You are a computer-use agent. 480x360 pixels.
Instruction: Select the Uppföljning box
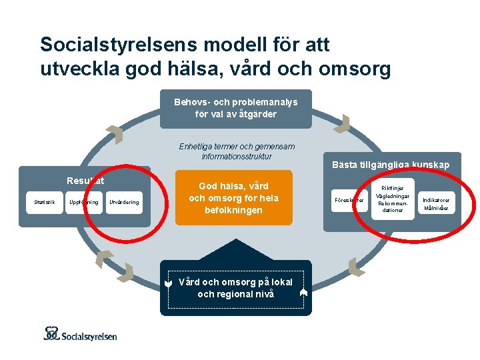click(x=84, y=202)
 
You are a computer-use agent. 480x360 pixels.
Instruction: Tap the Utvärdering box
click(x=124, y=202)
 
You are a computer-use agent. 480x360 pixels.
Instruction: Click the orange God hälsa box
click(x=234, y=198)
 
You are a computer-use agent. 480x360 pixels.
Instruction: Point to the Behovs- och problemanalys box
click(x=235, y=108)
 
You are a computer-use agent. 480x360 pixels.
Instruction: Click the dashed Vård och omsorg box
click(x=235, y=288)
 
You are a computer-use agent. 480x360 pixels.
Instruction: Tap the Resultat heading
click(x=85, y=180)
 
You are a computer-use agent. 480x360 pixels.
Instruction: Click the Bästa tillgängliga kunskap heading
click(x=391, y=165)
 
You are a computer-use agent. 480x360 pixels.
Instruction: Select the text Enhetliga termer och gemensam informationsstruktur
click(x=237, y=151)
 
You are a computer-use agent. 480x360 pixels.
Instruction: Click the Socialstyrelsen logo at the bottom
click(x=80, y=334)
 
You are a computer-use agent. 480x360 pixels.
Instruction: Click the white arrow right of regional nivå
click(x=303, y=291)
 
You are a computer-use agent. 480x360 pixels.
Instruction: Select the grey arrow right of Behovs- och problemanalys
click(x=342, y=124)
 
